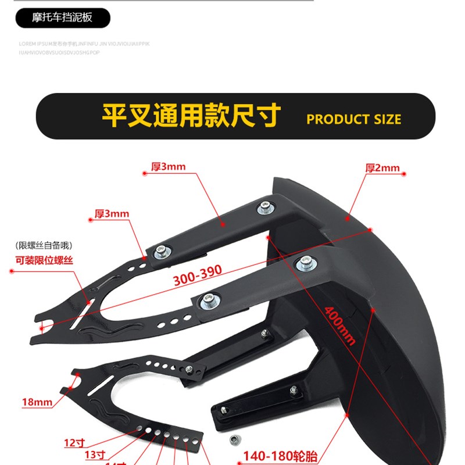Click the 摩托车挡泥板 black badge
[x=62, y=18]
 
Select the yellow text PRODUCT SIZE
[x=353, y=120]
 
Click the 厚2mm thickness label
[x=382, y=169]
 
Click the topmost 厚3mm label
[x=168, y=167]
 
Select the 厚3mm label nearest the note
[x=112, y=214]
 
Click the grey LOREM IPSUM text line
[x=84, y=44]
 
